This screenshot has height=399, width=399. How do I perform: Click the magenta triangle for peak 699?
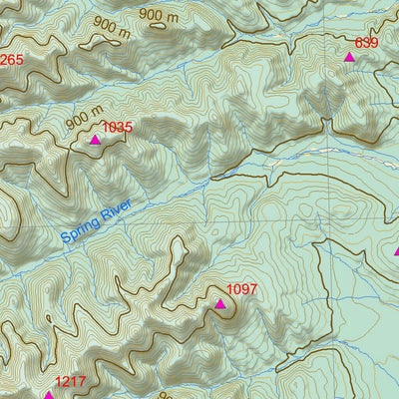[x=349, y=58]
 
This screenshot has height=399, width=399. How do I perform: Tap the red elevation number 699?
[x=367, y=43]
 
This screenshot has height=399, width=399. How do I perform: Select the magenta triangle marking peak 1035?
[x=95, y=140]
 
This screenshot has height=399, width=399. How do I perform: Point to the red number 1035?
[x=117, y=128]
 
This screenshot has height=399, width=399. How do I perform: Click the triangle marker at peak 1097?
[x=219, y=303]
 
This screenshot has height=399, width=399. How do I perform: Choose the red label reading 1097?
[x=242, y=290]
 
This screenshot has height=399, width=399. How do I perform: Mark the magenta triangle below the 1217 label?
[x=48, y=395]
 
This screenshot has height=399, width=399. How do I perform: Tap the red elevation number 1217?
[x=70, y=382]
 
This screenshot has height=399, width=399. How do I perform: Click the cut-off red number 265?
[x=11, y=60]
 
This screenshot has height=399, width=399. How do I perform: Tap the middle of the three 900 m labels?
[x=112, y=27]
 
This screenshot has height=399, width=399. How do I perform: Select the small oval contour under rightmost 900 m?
[x=158, y=28]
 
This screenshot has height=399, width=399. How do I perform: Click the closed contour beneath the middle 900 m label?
[x=100, y=44]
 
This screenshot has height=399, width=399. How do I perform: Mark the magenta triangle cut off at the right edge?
[x=396, y=251]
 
